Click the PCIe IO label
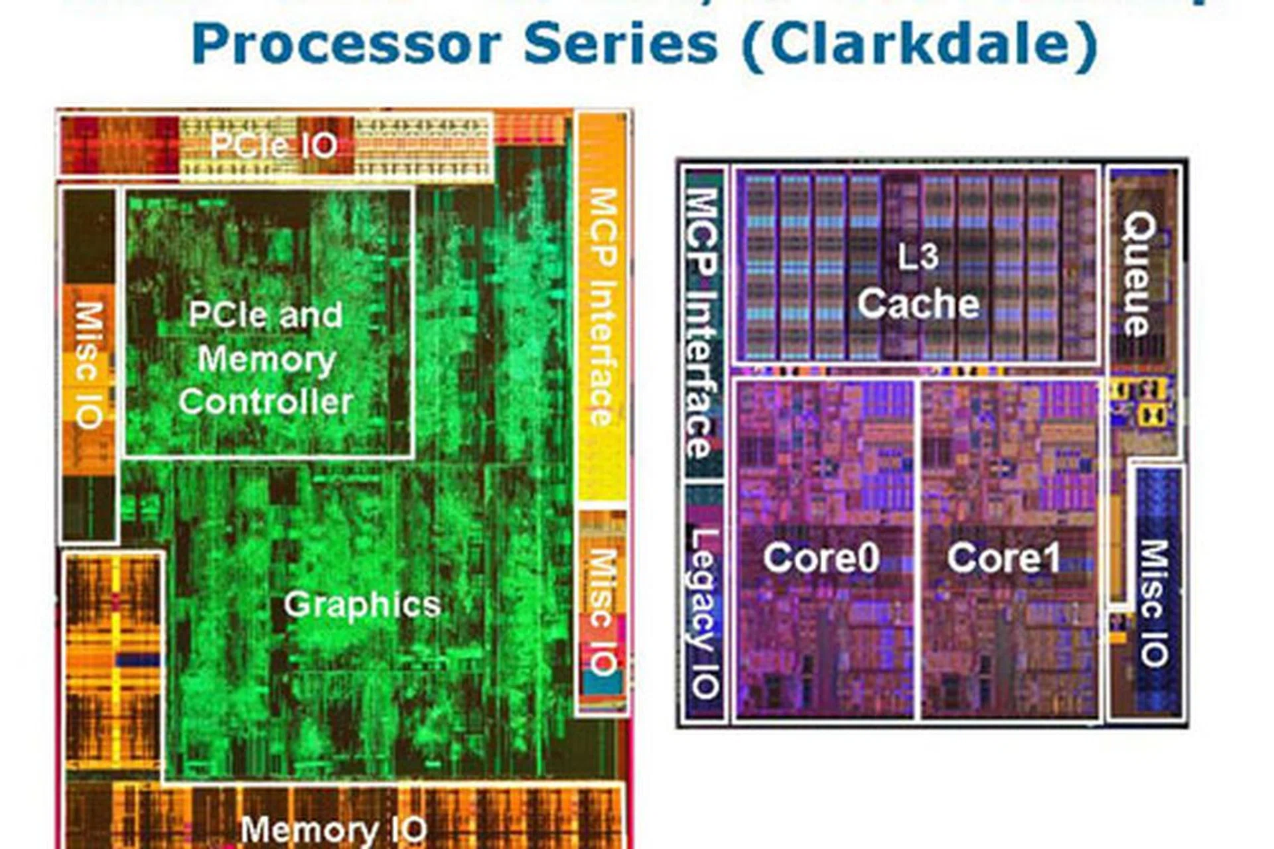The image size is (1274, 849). point(274,145)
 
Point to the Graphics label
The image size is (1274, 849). point(362,604)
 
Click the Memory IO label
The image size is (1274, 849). point(334,830)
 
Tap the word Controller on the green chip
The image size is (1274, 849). point(265,402)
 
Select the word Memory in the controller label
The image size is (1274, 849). point(267,359)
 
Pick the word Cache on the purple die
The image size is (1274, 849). point(918,304)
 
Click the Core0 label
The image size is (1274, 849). point(821,557)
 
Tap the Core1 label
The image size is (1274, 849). point(1003,557)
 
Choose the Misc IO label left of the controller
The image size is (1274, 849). point(88,365)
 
